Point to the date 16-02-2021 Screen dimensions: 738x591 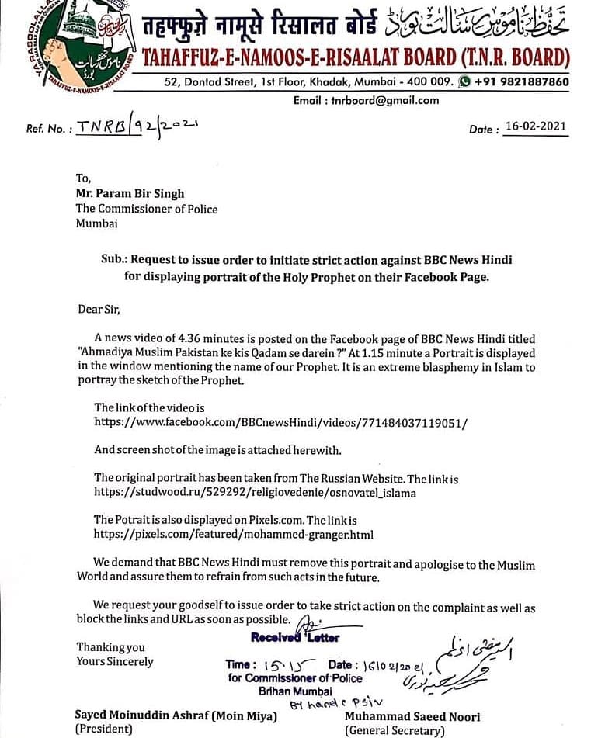click(535, 127)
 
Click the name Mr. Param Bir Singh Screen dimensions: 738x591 click(130, 193)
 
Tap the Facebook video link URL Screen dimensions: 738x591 click(281, 423)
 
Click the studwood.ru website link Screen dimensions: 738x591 click(255, 492)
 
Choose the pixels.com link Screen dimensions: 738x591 click(234, 535)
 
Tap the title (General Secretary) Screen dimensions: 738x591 click(395, 729)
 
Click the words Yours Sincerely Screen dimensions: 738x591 click(115, 662)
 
